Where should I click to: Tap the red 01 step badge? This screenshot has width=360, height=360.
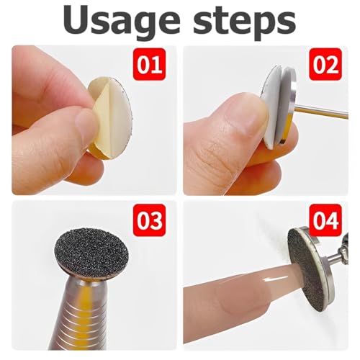149,64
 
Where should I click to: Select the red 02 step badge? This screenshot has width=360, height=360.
325,64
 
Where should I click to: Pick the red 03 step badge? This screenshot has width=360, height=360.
149,220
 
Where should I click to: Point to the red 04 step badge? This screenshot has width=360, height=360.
325,220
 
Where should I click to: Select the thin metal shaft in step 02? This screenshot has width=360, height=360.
322,113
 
